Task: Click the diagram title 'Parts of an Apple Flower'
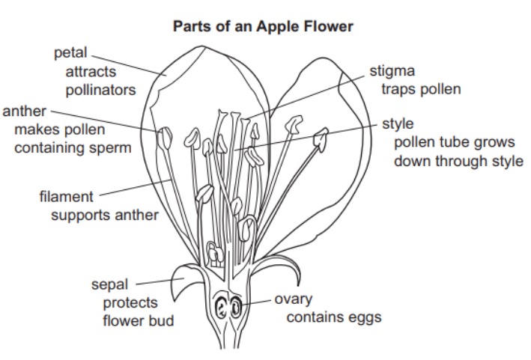263,26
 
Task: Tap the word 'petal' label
71,53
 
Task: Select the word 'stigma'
392,72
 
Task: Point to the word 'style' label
398,123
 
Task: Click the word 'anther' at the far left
25,112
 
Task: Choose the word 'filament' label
67,198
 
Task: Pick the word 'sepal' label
109,285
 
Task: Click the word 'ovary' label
293,299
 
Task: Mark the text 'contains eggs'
334,317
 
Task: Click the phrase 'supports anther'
104,216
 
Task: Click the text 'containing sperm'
73,148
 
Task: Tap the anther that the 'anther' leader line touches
165,138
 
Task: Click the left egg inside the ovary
222,308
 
